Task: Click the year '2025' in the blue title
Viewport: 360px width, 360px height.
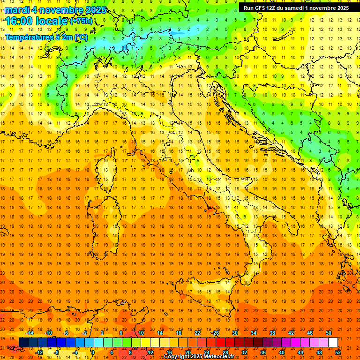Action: click(x=96, y=9)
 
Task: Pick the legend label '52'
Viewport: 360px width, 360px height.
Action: click(x=338, y=352)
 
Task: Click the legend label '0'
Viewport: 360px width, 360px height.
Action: click(x=93, y=352)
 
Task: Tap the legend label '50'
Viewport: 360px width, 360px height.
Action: click(x=328, y=333)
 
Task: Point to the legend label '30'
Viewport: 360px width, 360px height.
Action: click(x=234, y=333)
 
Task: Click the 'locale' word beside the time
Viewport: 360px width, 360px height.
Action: click(x=51, y=21)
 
